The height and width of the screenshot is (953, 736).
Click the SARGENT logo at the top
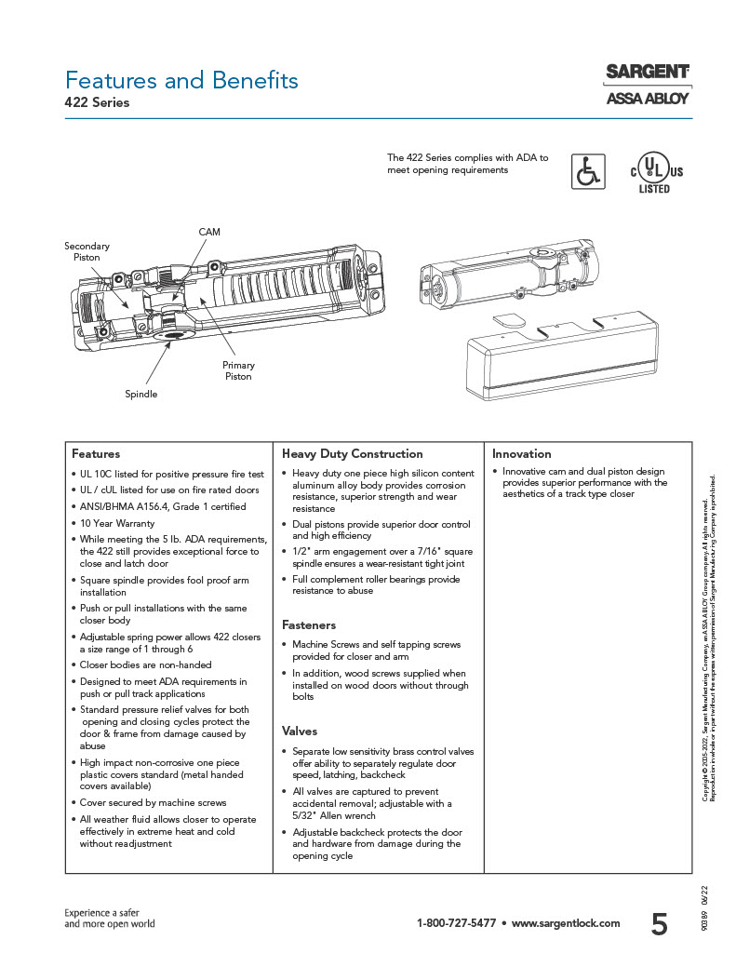[647, 72]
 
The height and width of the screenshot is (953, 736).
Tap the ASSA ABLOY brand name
[647, 98]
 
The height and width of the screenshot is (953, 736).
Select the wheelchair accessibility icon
[587, 171]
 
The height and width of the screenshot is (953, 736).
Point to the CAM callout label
[209, 231]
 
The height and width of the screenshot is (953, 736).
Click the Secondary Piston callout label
[87, 251]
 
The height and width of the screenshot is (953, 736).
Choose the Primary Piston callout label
[238, 370]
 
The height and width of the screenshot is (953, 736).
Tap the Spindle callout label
[141, 395]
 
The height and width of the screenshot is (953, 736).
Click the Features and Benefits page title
[181, 80]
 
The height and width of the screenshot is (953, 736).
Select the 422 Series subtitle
[97, 103]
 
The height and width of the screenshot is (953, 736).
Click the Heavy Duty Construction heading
[352, 454]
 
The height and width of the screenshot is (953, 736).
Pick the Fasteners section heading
[309, 625]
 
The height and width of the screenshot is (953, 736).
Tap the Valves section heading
[300, 732]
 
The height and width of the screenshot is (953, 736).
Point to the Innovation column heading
[521, 454]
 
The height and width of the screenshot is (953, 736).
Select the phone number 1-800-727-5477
[456, 923]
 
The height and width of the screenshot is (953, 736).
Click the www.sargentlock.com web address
[565, 923]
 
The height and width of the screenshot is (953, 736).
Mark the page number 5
[659, 923]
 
